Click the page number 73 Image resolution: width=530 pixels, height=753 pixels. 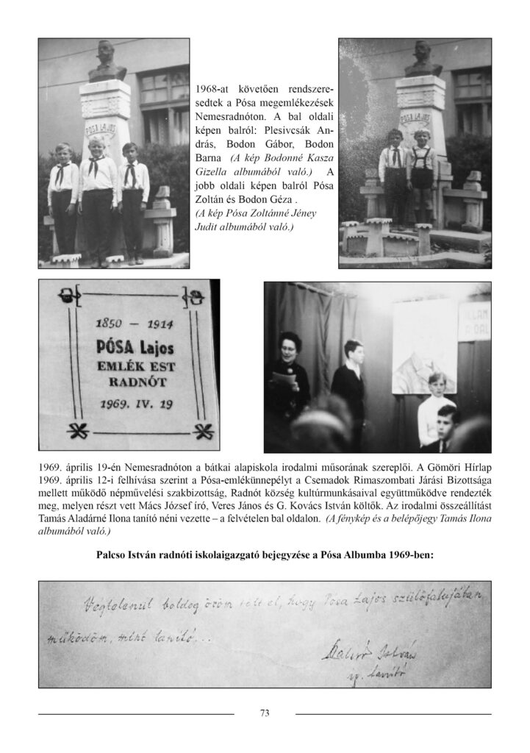click(265, 712)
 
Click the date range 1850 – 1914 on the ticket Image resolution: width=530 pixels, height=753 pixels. click(128, 323)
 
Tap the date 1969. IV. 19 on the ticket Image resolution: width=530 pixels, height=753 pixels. click(129, 404)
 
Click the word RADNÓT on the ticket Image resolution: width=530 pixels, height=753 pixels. click(129, 381)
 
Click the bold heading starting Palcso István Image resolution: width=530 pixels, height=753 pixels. click(265, 557)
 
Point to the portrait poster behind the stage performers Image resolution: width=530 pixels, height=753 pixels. click(423, 346)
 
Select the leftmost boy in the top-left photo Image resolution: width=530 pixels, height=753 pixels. click(63, 199)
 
